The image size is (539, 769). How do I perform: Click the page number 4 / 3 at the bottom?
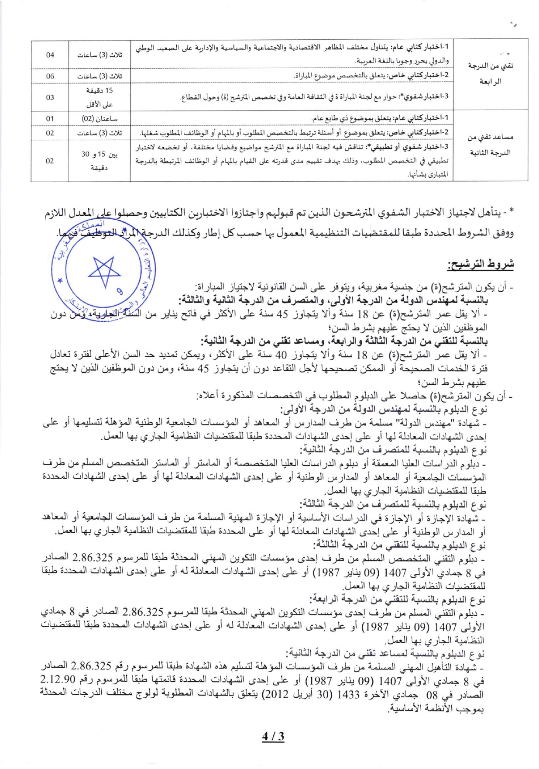[273, 736]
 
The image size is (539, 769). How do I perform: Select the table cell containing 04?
[50, 55]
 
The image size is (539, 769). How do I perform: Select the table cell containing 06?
[50, 76]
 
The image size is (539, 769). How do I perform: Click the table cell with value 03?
[50, 97]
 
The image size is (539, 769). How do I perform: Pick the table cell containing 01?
[50, 119]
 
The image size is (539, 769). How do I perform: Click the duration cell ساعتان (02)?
[100, 119]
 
